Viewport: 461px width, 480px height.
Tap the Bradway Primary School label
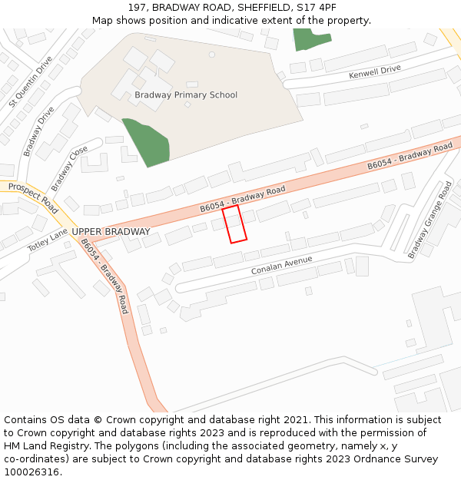186,95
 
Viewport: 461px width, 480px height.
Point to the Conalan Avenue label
282,266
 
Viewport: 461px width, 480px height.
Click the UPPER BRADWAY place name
111,231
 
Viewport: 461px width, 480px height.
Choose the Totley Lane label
48,238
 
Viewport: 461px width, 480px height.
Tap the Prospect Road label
34,198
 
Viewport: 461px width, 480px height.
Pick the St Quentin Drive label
31,81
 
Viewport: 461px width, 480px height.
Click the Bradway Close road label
69,170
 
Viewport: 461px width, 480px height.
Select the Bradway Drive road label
38,131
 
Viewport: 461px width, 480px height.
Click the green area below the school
147,141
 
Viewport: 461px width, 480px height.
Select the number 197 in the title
137,7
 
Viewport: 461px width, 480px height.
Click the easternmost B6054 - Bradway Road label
410,156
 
